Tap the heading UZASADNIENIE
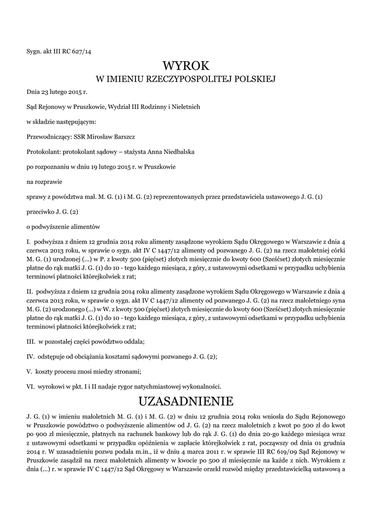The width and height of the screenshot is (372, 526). click(x=186, y=400)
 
